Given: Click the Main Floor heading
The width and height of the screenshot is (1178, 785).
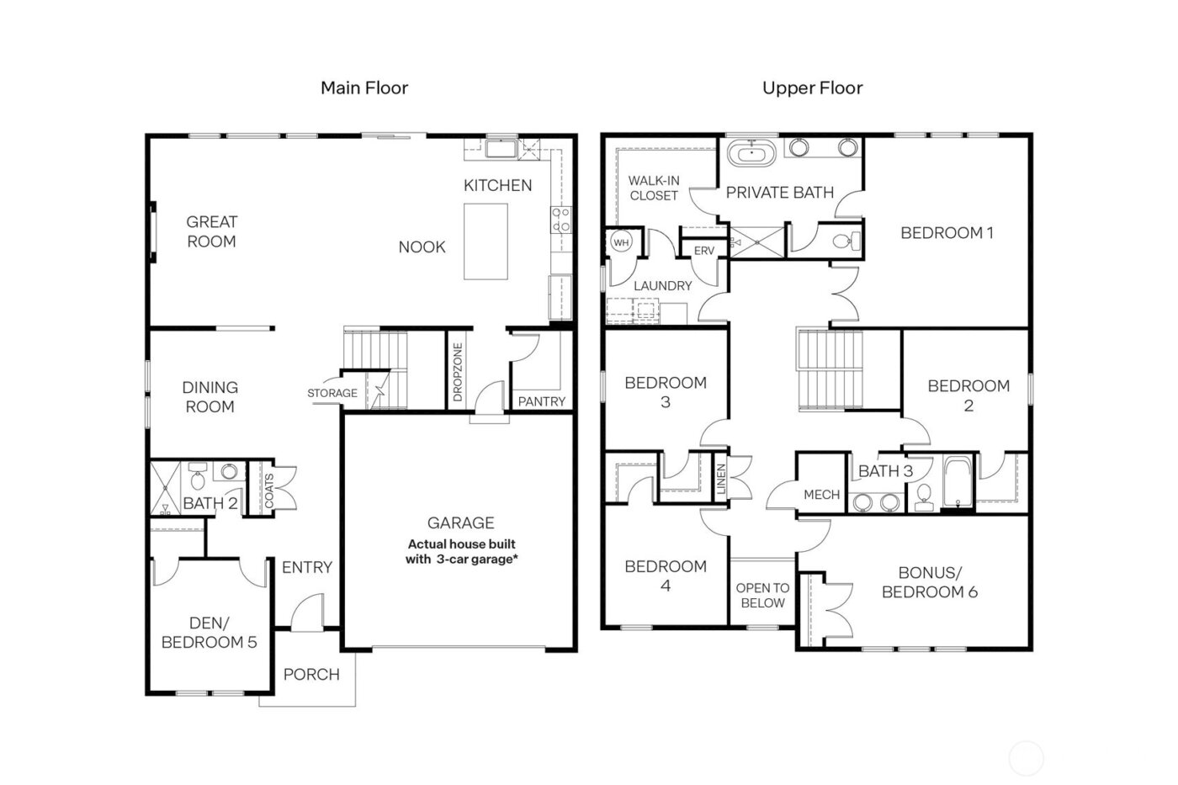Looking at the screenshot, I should pos(363,88).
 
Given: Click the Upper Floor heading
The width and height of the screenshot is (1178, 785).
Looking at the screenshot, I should pos(812,88).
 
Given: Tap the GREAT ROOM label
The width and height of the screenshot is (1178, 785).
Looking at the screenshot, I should pos(211,231).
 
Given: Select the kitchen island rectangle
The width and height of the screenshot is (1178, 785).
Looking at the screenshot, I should pos(486,241).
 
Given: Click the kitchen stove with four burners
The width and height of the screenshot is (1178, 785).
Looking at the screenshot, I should pos(560,220).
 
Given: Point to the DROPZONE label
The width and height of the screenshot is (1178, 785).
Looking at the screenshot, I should pos(458,371).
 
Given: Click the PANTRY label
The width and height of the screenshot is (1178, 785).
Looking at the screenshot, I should pos(541,401).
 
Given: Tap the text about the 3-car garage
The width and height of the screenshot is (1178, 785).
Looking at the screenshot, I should pos(461,552).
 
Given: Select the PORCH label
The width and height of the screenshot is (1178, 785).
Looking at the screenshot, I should pos(311,674).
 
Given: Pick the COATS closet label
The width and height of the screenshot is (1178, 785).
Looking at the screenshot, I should pos(269,490).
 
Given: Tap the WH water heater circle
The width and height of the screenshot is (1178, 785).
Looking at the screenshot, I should pos(621,242).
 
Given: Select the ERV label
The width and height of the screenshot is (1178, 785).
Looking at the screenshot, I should pos(703,251).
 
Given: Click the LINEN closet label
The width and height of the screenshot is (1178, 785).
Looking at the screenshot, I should pos(721,480).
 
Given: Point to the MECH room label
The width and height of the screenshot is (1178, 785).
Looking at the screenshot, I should pos(821,495).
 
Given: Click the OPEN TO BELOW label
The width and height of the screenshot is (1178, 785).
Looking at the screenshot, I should pos(762,595).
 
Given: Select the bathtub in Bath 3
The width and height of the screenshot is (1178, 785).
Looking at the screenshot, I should pos(958,483).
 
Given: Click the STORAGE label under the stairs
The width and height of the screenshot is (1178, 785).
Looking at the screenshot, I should pos(332,393).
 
